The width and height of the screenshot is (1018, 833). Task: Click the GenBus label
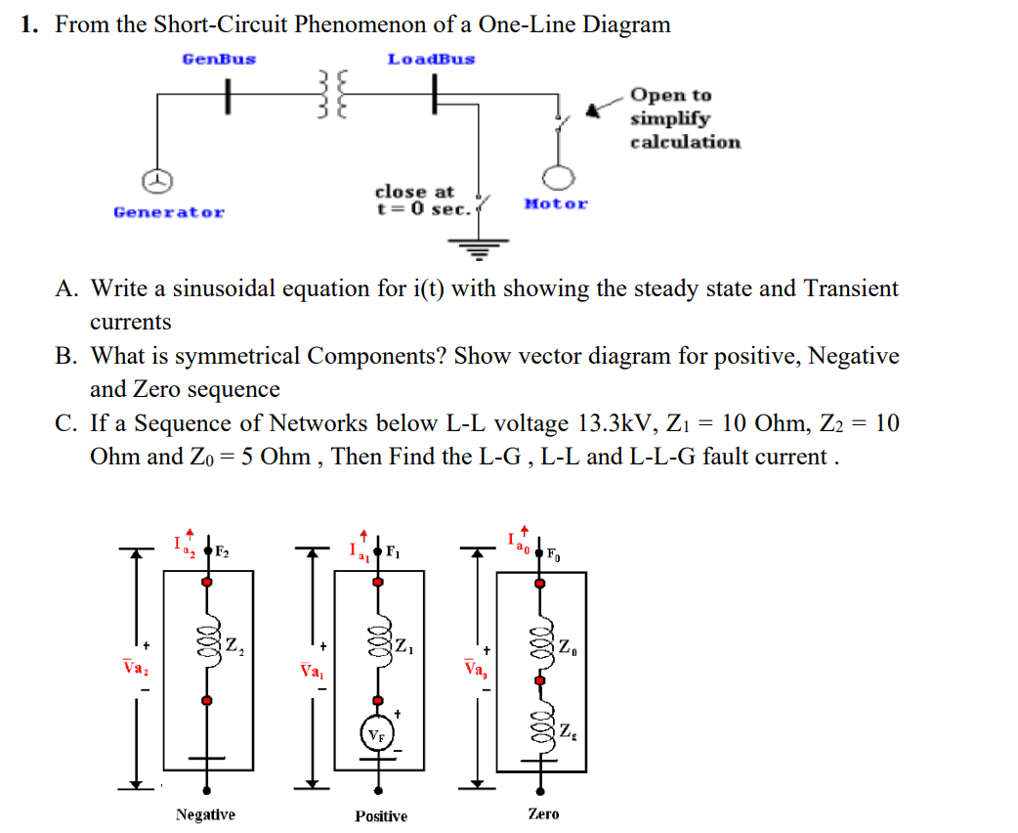219,59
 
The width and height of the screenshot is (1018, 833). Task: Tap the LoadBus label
431,59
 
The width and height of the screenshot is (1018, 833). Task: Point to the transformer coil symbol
333,96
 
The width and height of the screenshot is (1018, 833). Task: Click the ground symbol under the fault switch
479,249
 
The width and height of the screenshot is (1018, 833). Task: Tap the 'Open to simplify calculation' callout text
684,118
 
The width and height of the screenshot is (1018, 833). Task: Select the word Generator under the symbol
169,212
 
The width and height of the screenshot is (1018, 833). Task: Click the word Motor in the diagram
556,204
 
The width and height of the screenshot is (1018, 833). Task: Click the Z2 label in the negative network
235,645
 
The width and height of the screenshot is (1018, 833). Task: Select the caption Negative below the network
205,814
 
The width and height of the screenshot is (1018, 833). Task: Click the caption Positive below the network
381,815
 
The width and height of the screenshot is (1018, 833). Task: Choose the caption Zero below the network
543,813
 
